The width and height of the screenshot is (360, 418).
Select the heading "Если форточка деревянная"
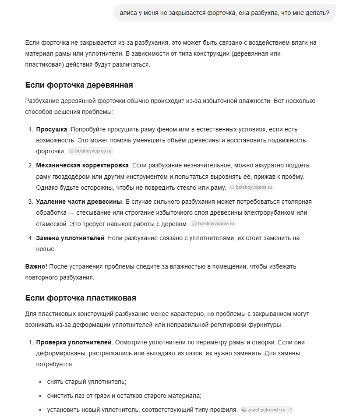[x=79, y=85]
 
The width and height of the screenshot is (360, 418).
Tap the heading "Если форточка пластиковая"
[x=81, y=298]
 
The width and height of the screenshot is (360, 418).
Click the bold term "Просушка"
[x=52, y=130]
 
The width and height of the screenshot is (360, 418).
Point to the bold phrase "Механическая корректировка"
[x=82, y=165]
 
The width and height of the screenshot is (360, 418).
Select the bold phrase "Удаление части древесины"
[x=79, y=202]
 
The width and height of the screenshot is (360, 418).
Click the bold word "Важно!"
[x=36, y=266]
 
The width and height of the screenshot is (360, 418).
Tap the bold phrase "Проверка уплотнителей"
[x=74, y=342]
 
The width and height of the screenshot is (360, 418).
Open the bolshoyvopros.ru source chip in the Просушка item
[x=91, y=151]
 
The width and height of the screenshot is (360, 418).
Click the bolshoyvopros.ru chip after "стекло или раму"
[x=251, y=187]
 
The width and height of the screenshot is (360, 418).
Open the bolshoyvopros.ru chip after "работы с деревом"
[x=213, y=223]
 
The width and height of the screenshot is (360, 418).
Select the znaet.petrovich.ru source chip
[x=267, y=410]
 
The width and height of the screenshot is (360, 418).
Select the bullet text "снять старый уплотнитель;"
[x=86, y=382]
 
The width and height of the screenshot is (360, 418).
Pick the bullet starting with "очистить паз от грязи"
[x=124, y=396]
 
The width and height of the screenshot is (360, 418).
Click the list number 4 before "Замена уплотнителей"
[x=31, y=238]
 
